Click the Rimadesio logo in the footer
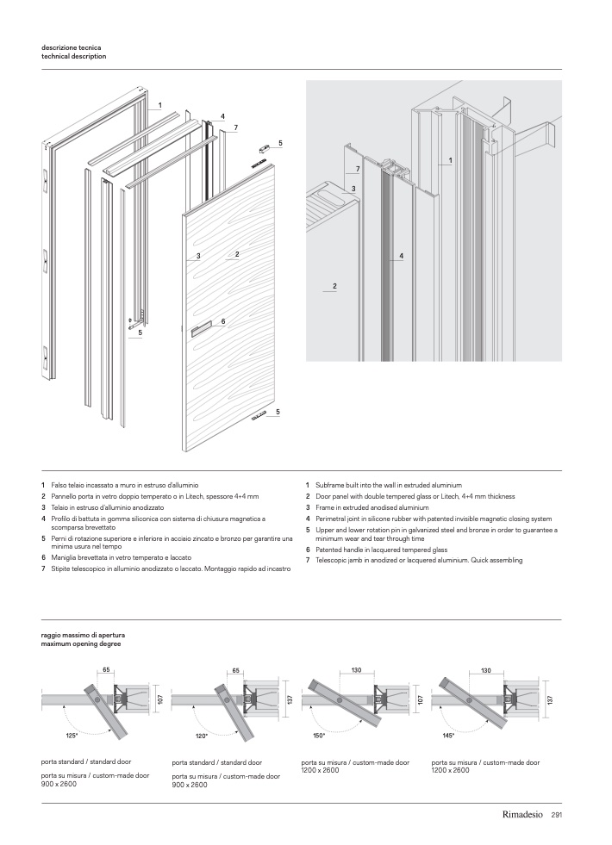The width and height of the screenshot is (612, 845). point(523,814)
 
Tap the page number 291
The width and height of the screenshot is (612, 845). point(556,814)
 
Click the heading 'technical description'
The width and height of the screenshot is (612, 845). point(73,56)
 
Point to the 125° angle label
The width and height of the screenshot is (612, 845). point(72,736)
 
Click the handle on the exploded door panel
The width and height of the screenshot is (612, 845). point(200,327)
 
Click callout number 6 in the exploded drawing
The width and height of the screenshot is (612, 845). point(223,321)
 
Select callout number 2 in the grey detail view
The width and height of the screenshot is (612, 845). point(334,285)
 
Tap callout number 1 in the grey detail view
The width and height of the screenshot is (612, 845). point(450,160)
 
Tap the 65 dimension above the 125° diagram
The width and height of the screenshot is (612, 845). point(106,669)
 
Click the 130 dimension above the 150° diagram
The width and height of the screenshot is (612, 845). point(354,669)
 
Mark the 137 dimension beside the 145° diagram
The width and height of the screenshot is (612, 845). point(549,702)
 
